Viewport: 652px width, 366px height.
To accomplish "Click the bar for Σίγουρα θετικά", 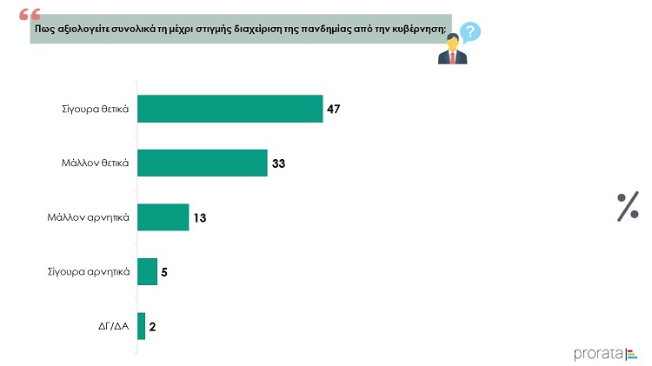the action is (230, 109).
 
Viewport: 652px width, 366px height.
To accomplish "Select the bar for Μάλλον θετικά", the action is (203, 163).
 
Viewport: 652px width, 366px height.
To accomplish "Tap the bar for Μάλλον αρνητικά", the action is (163, 217).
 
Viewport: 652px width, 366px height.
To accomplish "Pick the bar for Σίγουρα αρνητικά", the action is (147, 271).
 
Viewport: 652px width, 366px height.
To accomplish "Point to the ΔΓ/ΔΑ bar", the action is (142, 326).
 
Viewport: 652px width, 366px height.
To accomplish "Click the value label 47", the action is (334, 109).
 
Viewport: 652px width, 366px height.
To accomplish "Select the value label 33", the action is (278, 163).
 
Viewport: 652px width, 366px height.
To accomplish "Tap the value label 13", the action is (200, 218).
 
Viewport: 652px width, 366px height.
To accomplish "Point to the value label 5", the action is (164, 272).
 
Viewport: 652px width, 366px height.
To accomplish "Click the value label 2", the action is (153, 327).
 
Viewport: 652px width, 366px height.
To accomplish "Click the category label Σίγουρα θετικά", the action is (96, 110).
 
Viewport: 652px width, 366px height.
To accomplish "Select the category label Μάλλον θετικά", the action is (96, 163).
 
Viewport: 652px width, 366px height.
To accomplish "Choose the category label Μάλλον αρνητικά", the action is (88, 217).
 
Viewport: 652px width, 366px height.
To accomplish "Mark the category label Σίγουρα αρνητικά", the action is (89, 272).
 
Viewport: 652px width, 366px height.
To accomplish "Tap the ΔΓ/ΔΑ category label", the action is (114, 326).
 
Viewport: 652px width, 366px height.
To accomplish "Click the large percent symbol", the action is (628, 207).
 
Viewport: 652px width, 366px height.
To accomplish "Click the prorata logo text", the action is (598, 355).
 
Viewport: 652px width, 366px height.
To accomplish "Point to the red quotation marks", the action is (30, 15).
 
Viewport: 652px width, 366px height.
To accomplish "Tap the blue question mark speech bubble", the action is (469, 32).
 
